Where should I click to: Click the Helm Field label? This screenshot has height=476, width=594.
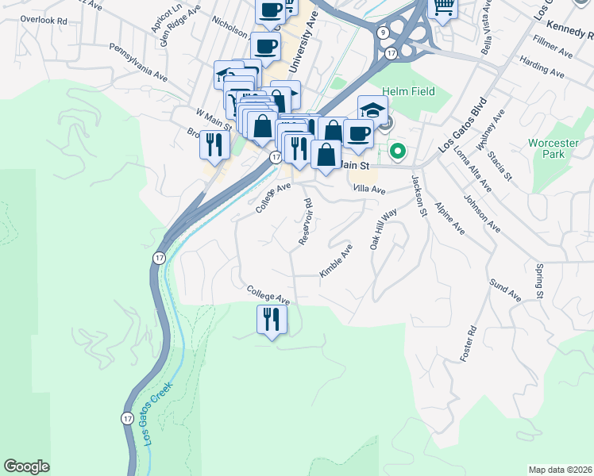408,91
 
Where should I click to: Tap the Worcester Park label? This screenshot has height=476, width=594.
553,149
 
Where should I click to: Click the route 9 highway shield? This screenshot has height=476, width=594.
384,33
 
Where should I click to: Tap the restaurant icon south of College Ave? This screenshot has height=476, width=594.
272,320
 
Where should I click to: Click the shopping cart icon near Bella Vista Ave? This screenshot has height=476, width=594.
443,7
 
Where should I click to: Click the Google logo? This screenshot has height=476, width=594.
26,466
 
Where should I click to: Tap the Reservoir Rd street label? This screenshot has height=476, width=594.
306,221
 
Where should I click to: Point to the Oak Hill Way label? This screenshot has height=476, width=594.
383,230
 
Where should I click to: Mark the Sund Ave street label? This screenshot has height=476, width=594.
505,290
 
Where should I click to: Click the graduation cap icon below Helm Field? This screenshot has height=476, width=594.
372,109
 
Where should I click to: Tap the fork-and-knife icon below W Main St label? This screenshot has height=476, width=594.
214,144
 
